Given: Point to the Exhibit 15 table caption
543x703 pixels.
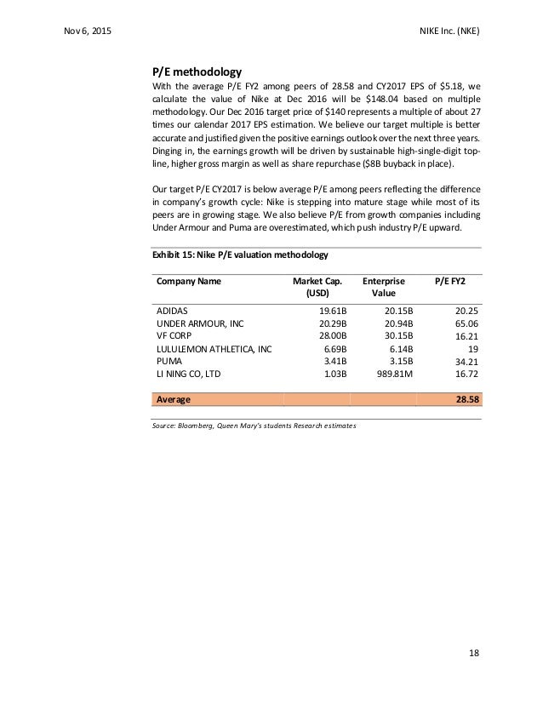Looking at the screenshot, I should [x=240, y=254].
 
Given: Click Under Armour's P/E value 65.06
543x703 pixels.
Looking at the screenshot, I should [x=464, y=324].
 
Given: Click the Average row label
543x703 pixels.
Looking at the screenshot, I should [x=172, y=398].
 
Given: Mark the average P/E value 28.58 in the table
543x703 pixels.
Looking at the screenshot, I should [x=463, y=398].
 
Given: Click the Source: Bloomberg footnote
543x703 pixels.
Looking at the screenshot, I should [x=254, y=426].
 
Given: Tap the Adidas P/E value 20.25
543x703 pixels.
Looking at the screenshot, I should [x=464, y=311].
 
